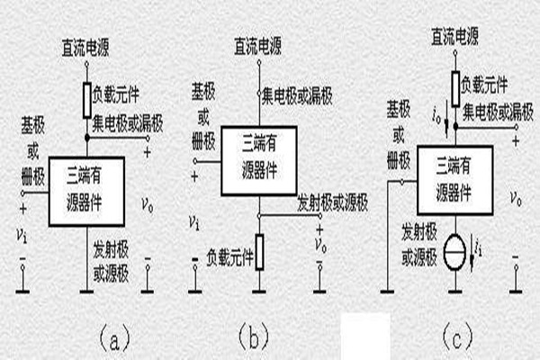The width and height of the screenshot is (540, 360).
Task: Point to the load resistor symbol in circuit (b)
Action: pyautogui.click(x=259, y=252)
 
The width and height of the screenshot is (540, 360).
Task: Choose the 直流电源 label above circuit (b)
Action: pyautogui.click(x=259, y=44)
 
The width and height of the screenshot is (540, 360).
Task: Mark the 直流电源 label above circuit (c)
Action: pyautogui.click(x=455, y=36)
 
